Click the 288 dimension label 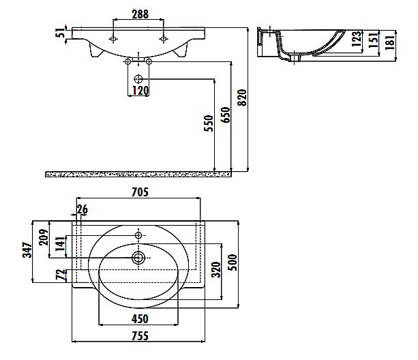click(x=140, y=14)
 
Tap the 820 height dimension click(x=242, y=97)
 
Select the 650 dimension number click(x=225, y=115)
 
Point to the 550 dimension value click(x=209, y=123)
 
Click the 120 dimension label click(x=140, y=91)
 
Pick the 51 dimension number click(x=61, y=32)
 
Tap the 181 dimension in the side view click(x=390, y=42)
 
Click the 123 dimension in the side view click(x=357, y=39)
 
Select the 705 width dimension click(x=140, y=192)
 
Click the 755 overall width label click(x=140, y=336)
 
